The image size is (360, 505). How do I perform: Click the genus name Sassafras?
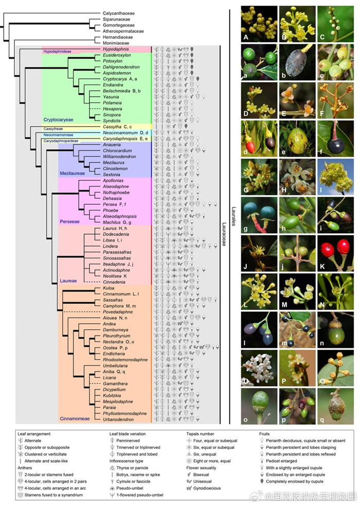114,300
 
